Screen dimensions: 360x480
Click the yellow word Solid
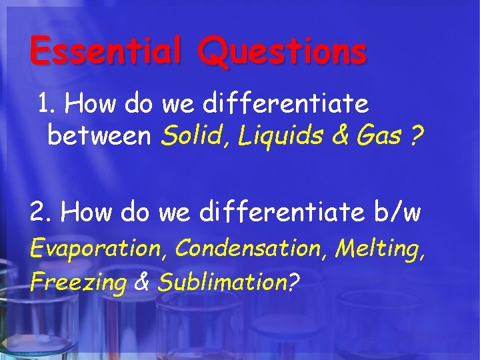pos(187,137)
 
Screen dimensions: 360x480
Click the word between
pos(101,137)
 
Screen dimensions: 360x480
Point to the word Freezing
pos(78,283)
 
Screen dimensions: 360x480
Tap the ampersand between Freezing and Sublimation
pos(142,283)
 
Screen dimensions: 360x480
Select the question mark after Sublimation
pos(291,283)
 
